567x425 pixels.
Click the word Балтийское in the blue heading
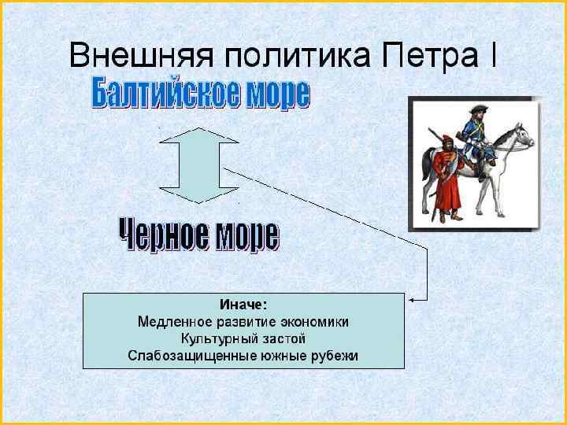pos(157,94)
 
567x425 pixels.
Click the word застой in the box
pos(281,338)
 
